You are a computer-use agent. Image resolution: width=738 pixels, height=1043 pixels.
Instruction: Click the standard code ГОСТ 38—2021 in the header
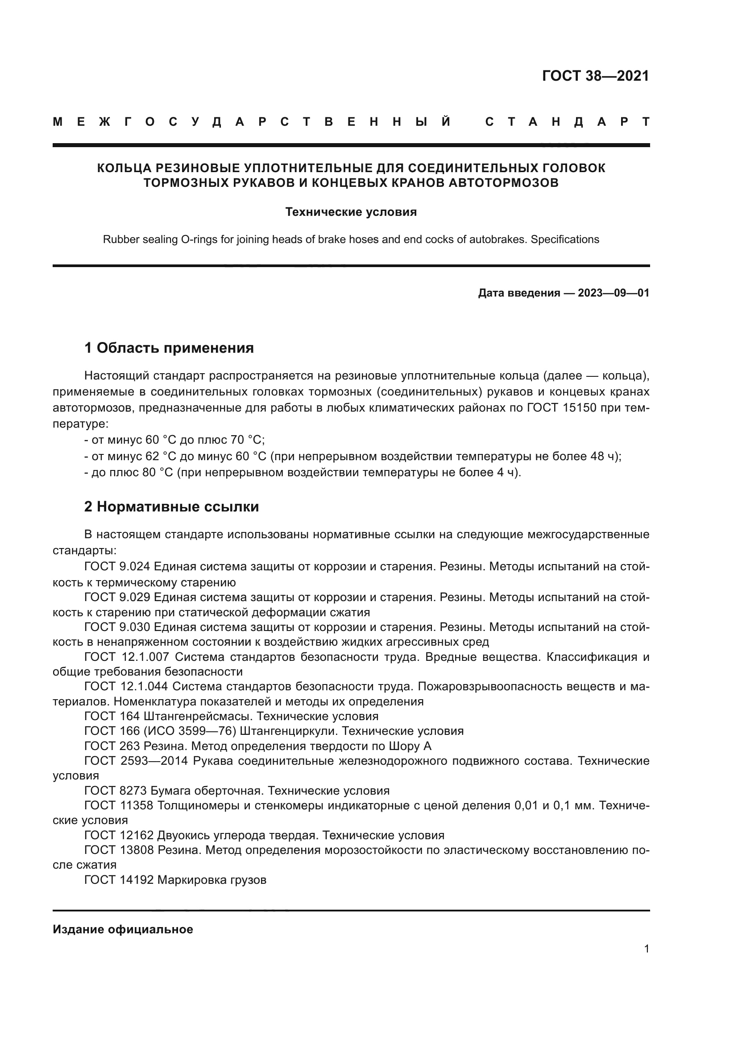point(595,76)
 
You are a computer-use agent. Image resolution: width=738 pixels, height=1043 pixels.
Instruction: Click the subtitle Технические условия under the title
point(351,212)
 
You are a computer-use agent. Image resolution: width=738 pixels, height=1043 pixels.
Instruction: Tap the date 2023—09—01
point(614,293)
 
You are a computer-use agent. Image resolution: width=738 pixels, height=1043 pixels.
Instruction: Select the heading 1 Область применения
point(169,348)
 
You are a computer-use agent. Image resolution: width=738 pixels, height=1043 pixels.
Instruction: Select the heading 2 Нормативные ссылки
point(171,507)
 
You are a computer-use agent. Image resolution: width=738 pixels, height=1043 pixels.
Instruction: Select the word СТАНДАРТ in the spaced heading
point(567,122)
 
